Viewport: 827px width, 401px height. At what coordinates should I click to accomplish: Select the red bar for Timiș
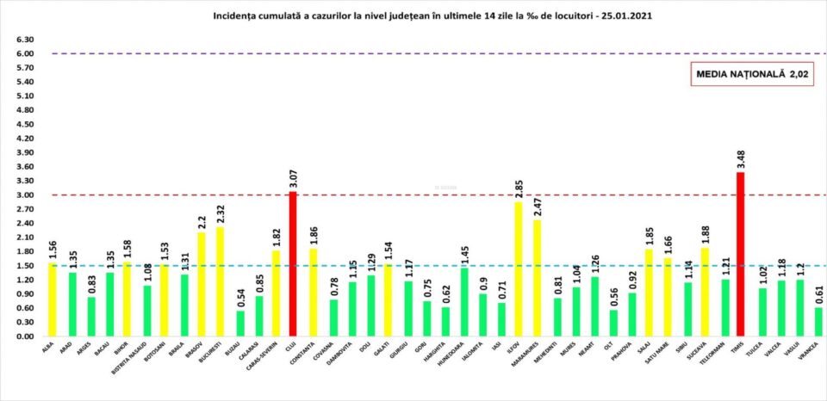(741, 254)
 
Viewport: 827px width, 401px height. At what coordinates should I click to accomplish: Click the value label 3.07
(293, 176)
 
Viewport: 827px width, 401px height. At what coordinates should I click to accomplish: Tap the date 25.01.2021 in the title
(634, 15)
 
